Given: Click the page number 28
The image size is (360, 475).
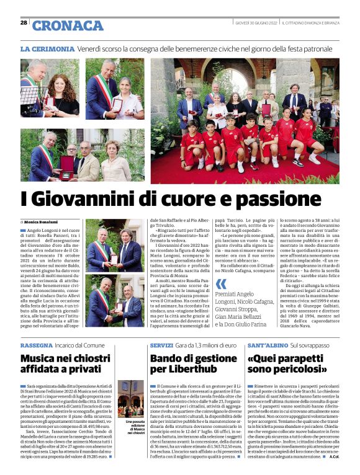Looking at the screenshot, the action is pyautogui.click(x=24, y=22).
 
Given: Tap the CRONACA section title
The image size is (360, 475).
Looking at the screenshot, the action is pyautogui.click(x=68, y=25).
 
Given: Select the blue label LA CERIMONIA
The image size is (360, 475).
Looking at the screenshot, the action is pyautogui.click(x=47, y=48).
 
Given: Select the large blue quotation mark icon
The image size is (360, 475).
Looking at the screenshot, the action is pyautogui.click(x=220, y=284).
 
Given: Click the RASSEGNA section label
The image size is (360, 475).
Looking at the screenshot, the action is pyautogui.click(x=36, y=344).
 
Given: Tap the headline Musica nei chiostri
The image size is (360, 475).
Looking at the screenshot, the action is pyautogui.click(x=65, y=358).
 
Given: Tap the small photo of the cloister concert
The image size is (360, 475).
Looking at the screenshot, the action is pyautogui.click(x=130, y=402).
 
